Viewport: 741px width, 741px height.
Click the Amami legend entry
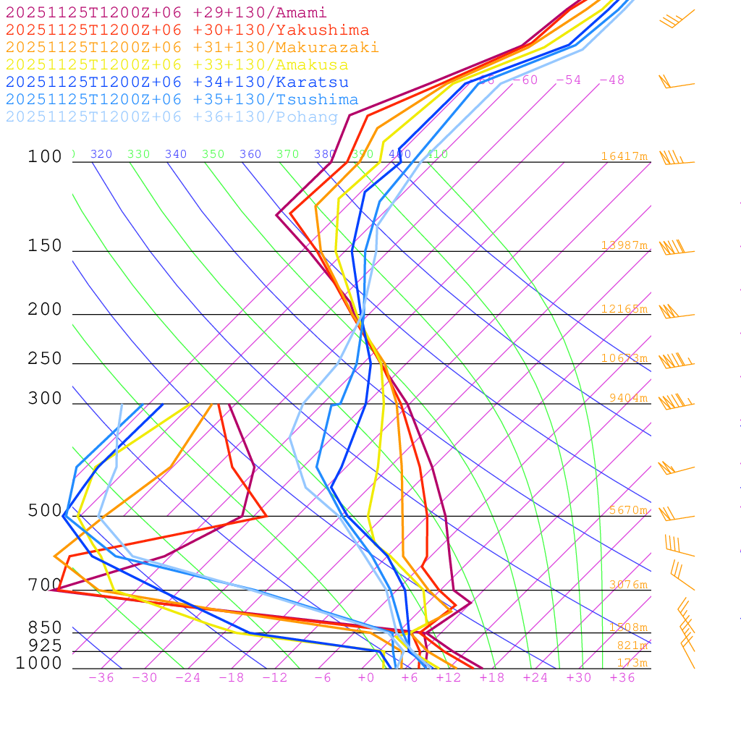pos(166,13)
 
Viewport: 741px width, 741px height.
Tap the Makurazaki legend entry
pos(192,48)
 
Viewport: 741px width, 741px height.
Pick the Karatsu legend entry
pos(177,82)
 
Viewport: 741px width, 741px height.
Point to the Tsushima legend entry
pos(182,100)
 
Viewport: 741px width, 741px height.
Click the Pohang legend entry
pos(172,117)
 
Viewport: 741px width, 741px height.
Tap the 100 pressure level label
pos(45,157)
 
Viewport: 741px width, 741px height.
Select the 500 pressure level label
pos(45,511)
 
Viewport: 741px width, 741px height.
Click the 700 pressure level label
pos(45,585)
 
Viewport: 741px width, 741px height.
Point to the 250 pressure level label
pos(45,359)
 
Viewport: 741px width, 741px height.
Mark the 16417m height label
pos(624,156)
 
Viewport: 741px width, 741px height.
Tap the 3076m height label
pos(628,585)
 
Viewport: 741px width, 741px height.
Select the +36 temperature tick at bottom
pos(622,678)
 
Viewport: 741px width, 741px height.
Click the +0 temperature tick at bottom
pos(366,678)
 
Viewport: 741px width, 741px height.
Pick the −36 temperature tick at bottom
pos(101,678)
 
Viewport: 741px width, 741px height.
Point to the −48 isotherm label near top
pos(611,80)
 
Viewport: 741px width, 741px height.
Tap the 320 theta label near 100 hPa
pos(101,154)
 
